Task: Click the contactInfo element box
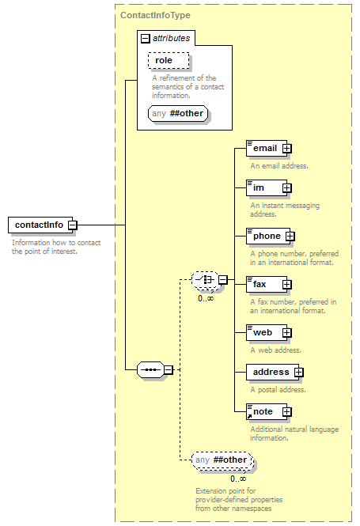pos(40,225)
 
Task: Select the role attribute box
pos(169,60)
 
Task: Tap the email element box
pos(267,148)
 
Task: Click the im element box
pos(267,188)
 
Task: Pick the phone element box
pos(268,237)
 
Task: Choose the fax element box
pos(267,285)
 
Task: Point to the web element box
pos(267,333)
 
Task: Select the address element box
pos(272,373)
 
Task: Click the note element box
pos(267,412)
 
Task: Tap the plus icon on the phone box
pos(290,237)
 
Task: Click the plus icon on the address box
pos(298,373)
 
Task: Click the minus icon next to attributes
pos(145,39)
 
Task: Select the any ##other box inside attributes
pos(178,113)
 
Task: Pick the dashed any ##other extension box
pos(222,460)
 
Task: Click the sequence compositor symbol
pos(150,369)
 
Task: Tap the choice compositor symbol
pos(205,279)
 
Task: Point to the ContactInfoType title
pos(155,15)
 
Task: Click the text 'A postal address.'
pos(279,390)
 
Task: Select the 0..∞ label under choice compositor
pos(206,298)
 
